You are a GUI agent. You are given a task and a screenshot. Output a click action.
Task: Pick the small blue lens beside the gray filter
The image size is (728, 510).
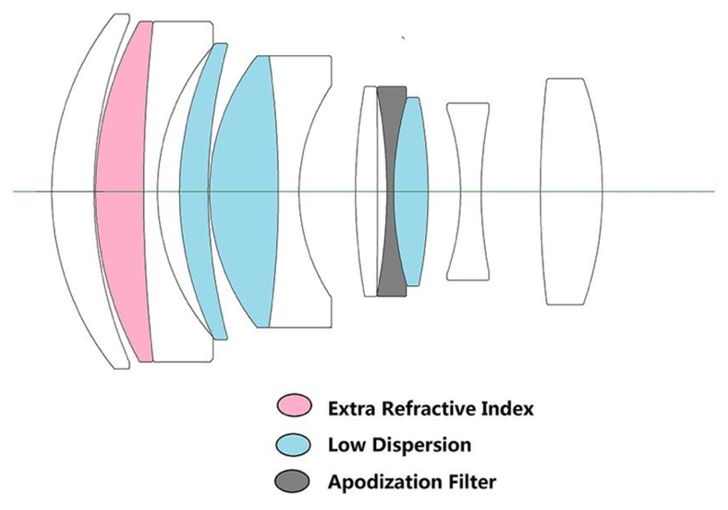[x=412, y=191]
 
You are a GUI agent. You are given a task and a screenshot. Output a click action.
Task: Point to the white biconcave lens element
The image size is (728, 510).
[x=467, y=191]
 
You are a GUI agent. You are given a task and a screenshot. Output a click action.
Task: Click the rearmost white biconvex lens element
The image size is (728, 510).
[x=573, y=191]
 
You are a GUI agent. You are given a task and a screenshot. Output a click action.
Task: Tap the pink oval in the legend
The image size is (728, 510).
[x=294, y=407]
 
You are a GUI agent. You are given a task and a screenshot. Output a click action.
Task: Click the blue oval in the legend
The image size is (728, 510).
[x=294, y=444]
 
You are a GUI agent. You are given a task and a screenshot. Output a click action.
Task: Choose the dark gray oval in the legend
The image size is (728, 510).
[x=294, y=481]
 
